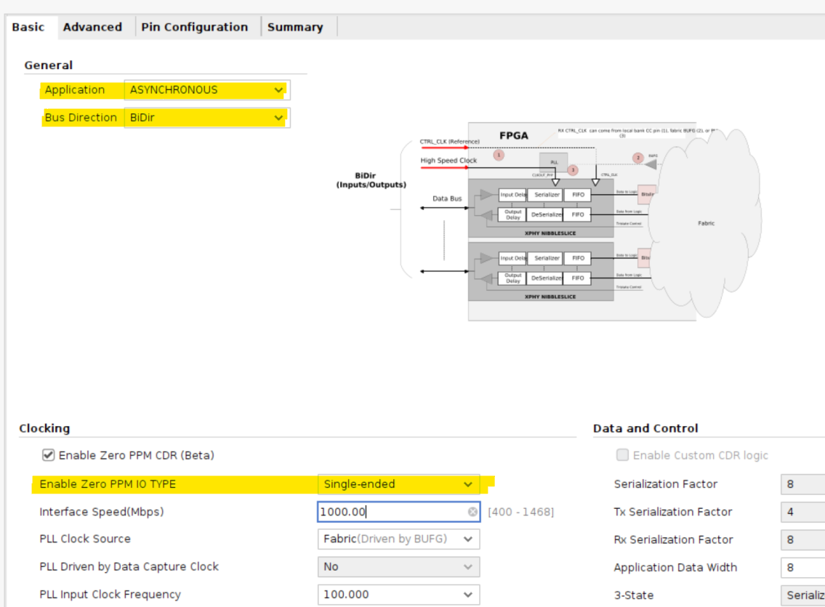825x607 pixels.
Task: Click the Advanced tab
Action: [92, 27]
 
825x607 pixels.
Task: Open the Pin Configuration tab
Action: [194, 27]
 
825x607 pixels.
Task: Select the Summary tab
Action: [294, 27]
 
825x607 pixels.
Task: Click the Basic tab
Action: [28, 27]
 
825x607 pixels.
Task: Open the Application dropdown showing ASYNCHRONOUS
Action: [206, 90]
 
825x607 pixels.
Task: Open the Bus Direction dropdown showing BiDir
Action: [206, 118]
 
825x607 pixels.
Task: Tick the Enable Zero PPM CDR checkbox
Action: [48, 456]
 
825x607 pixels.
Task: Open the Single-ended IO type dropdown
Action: [398, 484]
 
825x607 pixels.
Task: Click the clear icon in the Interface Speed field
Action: [472, 512]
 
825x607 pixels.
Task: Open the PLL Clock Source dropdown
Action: [398, 539]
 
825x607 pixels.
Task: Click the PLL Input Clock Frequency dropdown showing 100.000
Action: [398, 595]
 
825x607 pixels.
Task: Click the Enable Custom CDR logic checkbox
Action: [622, 456]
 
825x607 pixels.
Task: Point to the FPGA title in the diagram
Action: [513, 136]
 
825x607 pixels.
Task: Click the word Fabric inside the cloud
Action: [706, 223]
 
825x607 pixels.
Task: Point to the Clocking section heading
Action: [44, 428]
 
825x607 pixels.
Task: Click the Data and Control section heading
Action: [645, 428]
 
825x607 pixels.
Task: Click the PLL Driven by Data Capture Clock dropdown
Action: [398, 567]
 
